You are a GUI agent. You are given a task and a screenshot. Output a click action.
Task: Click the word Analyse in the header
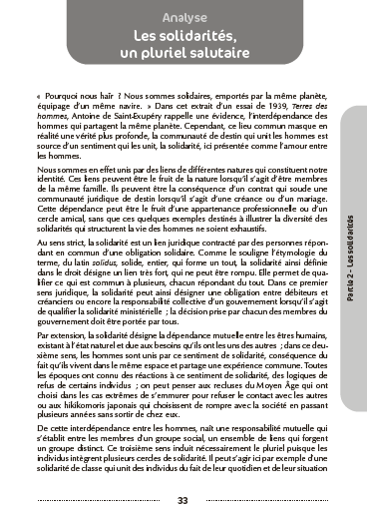point(183,17)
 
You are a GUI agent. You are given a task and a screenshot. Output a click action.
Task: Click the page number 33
point(183,500)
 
